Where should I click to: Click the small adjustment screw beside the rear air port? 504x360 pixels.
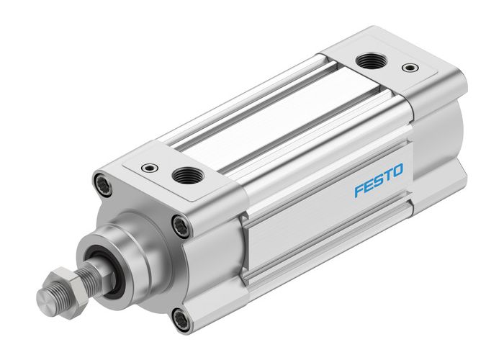point(410,69)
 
